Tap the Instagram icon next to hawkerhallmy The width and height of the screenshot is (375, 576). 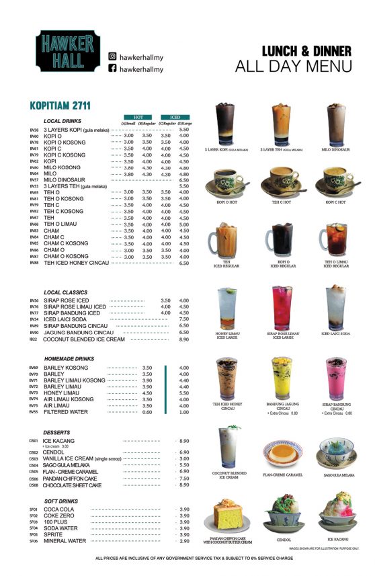(113, 57)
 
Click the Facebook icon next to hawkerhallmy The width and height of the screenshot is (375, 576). (113, 69)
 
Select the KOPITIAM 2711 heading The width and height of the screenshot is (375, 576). (60, 106)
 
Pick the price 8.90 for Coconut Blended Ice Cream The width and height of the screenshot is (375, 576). (183, 339)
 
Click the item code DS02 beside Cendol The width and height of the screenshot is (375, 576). (33, 453)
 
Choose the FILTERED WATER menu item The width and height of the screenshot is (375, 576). (66, 412)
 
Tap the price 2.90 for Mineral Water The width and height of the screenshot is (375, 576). (183, 541)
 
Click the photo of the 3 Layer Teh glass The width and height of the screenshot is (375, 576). (281, 124)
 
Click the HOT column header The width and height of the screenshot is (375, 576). (138, 117)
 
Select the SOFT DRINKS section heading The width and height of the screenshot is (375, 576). (63, 501)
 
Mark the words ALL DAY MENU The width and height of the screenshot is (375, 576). (293, 66)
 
